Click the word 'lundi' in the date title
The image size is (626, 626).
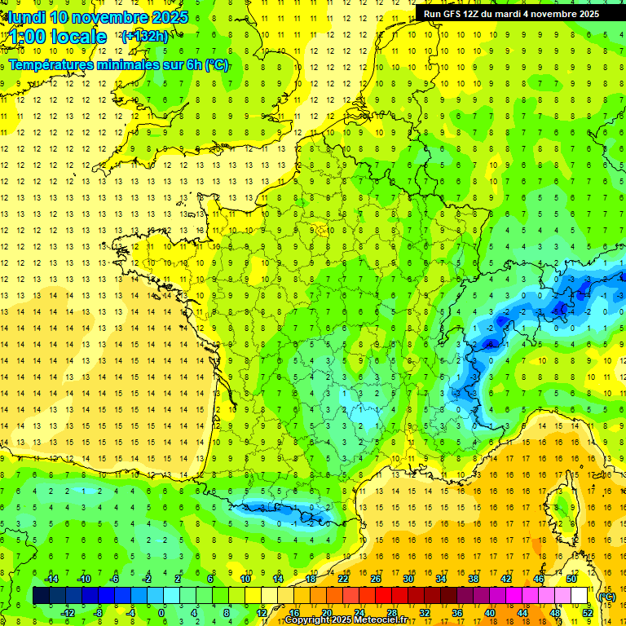pyautogui.click(x=26, y=17)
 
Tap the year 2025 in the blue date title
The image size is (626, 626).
pyautogui.click(x=169, y=17)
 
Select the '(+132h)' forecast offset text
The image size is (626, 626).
pyautogui.click(x=144, y=36)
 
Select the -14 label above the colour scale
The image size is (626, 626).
pyautogui.click(x=51, y=578)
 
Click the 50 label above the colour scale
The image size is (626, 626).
pyautogui.click(x=571, y=578)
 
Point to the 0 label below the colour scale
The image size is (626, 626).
pyautogui.click(x=161, y=612)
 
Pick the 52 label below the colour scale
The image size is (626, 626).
pyautogui.click(x=587, y=612)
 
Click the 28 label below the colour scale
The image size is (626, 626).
pyautogui.click(x=391, y=612)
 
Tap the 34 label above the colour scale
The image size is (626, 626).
pyautogui.click(x=440, y=578)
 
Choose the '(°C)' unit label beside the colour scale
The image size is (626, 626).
pyautogui.click(x=606, y=596)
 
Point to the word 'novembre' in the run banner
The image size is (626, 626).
pyautogui.click(x=558, y=14)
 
